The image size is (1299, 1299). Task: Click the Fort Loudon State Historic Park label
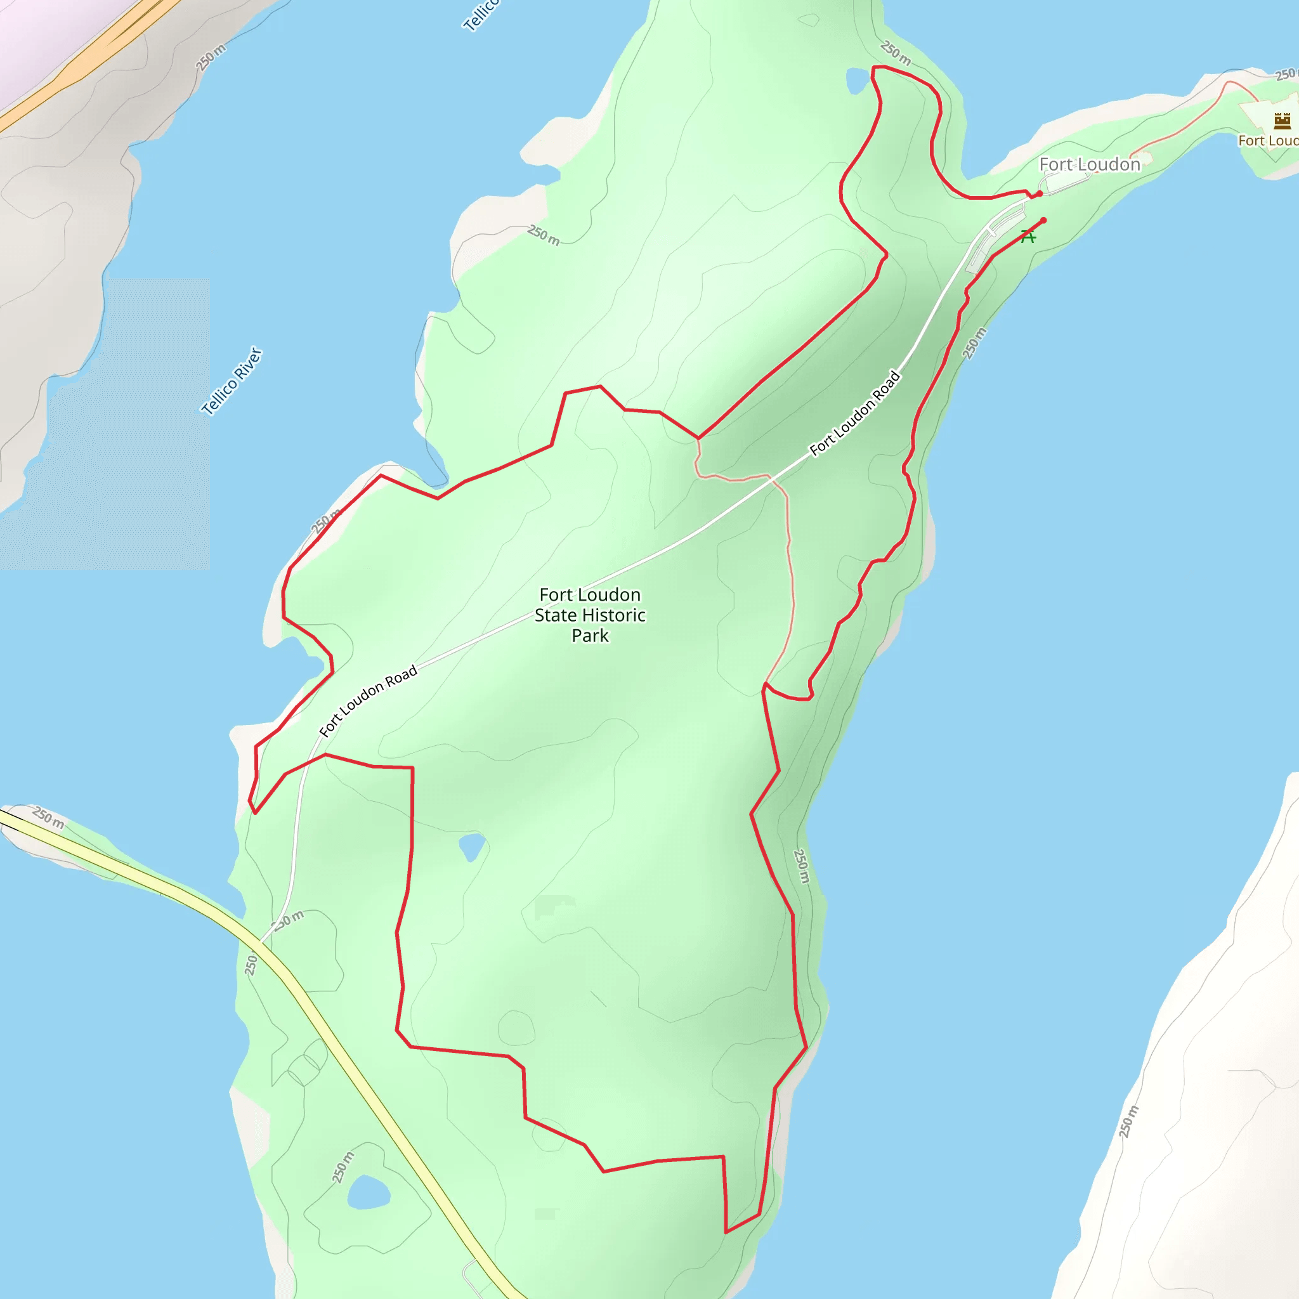coord(590,615)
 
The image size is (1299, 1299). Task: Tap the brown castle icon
coord(1282,121)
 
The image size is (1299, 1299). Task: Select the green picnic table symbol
coord(1028,235)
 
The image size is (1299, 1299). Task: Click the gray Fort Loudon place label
coord(1089,165)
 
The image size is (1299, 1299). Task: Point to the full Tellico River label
coord(232,381)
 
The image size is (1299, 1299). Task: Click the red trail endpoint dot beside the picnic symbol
coord(1043,221)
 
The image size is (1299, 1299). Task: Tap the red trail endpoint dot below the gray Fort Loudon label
coord(1040,193)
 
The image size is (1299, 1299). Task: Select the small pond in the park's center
coord(471,846)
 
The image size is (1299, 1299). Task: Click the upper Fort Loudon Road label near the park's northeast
coord(854,414)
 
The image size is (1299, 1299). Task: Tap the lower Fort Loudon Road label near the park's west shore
coord(368,701)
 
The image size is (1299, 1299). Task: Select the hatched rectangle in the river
coord(105,424)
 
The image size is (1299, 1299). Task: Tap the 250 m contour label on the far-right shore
coord(1128,1121)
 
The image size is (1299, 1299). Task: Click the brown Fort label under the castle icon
coord(1268,141)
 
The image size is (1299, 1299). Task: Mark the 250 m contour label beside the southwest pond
coord(343,1167)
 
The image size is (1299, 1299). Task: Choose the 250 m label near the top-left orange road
coord(211,57)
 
